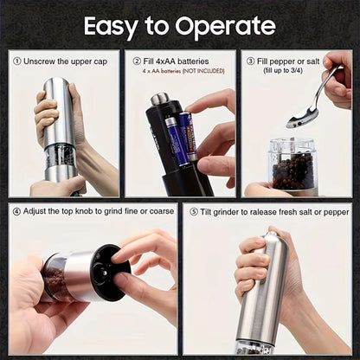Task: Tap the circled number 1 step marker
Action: [x=18, y=61]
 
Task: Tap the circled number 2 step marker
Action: [x=135, y=61]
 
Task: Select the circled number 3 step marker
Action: [x=250, y=61]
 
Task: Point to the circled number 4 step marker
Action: [x=18, y=211]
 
